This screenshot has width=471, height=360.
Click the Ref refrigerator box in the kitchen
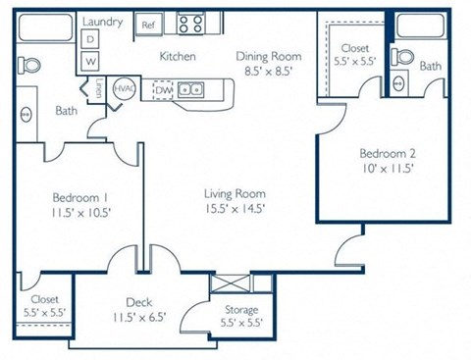pos(149,25)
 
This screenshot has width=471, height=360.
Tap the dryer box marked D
pos(91,39)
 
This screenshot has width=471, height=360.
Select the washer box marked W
pos(91,61)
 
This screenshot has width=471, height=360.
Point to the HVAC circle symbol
pos(124,87)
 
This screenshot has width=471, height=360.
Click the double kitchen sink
pos(197,89)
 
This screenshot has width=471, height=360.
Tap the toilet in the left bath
pos(30,66)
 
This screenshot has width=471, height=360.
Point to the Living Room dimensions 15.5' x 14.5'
pos(234,208)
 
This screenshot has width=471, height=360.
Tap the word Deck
pos(137,303)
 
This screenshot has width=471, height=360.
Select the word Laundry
pos(102,21)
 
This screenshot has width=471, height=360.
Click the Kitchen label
pos(178,57)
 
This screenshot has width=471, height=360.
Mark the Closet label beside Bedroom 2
pos(353,48)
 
